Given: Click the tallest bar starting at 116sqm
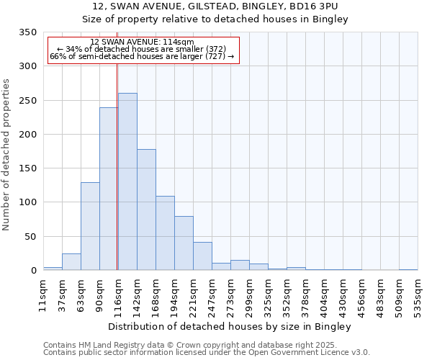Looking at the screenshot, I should click(127, 181).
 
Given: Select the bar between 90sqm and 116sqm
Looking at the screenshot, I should click(109, 189).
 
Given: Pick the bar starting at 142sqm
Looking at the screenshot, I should click(146, 210).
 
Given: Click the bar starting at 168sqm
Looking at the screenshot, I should click(165, 233).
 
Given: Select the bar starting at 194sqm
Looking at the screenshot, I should click(184, 243).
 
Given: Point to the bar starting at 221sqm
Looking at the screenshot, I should click(202, 256).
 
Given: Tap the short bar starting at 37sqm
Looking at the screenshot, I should click(71, 262).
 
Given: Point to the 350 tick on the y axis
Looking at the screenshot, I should click(28, 32).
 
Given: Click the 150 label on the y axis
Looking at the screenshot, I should click(28, 168).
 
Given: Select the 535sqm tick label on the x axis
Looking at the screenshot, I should click(417, 295).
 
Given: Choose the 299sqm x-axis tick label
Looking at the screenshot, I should click(249, 295).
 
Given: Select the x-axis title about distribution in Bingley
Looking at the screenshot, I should click(230, 327).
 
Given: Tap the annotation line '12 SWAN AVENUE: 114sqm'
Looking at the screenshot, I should click(143, 42).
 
